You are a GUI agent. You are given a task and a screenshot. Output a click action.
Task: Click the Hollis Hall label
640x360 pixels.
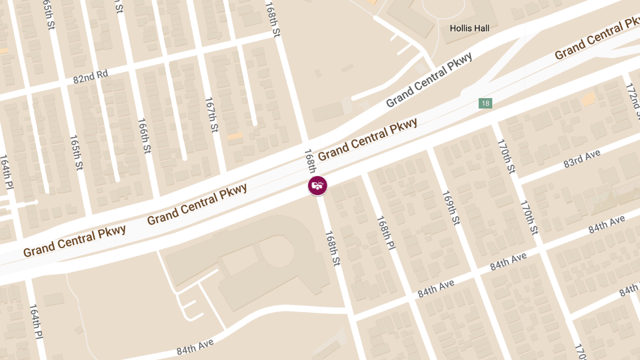tap(469, 28)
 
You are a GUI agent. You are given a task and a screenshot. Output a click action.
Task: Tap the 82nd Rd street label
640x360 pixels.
tap(90, 77)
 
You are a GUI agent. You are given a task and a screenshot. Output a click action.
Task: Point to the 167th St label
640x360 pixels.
tap(212, 115)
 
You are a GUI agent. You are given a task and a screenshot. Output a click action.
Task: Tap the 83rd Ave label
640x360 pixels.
tap(582, 159)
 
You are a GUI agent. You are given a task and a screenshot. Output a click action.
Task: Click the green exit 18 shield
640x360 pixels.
tap(485, 103)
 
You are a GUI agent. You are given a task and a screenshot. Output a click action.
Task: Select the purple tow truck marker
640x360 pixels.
tap(318, 186)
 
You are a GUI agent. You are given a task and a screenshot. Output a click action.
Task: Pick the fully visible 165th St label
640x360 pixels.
tap(76, 153)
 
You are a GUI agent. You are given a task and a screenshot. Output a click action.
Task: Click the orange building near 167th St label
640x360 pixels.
tap(235, 137)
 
